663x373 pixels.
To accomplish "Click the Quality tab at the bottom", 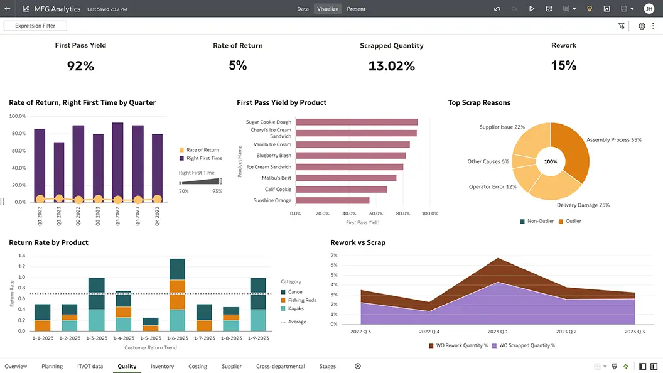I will [127, 366].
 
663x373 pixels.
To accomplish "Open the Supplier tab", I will [232, 366].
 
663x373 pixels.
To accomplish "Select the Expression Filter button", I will [35, 26].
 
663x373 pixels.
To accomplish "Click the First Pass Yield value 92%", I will [80, 65].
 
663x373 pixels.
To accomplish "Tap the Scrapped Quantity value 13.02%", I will [392, 65].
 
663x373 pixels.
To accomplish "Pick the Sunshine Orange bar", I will [332, 200].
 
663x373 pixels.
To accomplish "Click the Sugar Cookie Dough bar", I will [356, 122].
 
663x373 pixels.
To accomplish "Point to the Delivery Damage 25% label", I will [583, 205].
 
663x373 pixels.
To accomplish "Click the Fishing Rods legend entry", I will [301, 300].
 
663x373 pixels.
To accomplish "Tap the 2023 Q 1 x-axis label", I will [497, 332].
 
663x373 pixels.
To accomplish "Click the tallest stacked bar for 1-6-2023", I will [177, 295].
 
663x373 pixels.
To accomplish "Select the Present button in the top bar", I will [356, 9].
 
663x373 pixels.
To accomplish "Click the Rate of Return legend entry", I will [202, 150].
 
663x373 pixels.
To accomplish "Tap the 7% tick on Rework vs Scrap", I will [334, 256].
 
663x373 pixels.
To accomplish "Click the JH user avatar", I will [649, 9].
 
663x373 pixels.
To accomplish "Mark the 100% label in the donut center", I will [551, 161].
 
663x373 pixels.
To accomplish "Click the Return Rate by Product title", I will [48, 242].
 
